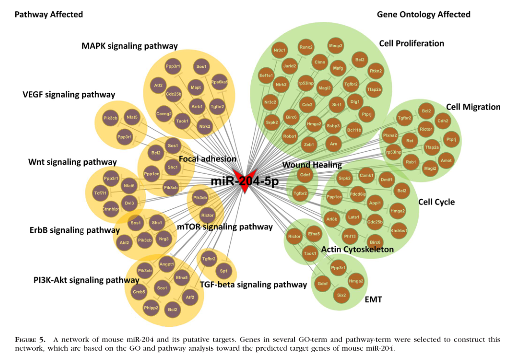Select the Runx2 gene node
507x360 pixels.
[306, 47]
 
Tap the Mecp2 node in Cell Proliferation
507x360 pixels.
[336, 45]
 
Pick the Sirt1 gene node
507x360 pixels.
[336, 105]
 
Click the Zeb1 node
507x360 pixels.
[309, 144]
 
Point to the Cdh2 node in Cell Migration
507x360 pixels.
[443, 121]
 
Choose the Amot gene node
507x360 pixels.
[446, 160]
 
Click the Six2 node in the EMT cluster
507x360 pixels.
[341, 295]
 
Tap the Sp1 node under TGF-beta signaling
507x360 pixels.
[224, 271]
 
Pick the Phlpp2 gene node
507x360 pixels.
[151, 308]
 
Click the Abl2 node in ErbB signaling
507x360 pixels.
[124, 242]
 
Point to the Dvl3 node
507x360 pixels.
[129, 202]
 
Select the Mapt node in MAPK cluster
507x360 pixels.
[196, 88]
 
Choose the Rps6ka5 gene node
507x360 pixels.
[220, 82]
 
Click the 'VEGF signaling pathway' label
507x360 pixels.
[69, 95]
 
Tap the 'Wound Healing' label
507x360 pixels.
[312, 165]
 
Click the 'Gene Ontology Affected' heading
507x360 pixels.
[424, 15]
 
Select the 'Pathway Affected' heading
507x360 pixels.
[49, 15]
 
